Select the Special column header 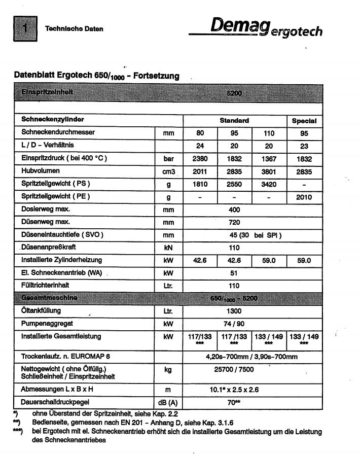(304, 121)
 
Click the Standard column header (234, 121)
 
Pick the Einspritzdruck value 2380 (200, 158)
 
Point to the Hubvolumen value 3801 (269, 171)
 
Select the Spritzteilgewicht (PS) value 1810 (200, 184)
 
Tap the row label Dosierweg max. (46, 209)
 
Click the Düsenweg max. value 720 (234, 222)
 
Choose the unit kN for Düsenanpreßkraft (168, 248)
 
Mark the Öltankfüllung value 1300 (234, 310)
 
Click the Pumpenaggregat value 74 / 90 (234, 323)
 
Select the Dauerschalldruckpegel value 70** (234, 402)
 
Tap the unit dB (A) (168, 402)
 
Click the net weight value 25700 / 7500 (234, 370)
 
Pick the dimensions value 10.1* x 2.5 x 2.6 (234, 390)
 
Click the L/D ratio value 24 (200, 146)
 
